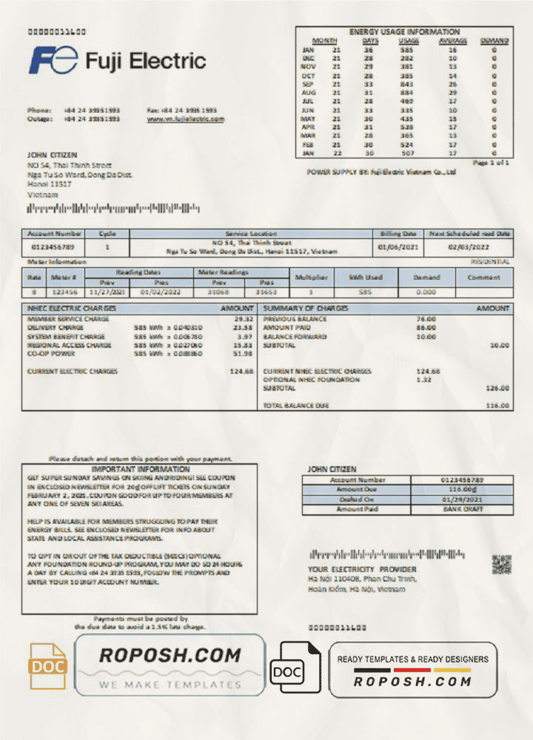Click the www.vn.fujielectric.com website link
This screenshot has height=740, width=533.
pyautogui.click(x=186, y=118)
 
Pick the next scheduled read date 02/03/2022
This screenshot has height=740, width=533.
pyautogui.click(x=470, y=247)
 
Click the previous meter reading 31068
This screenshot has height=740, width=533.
pyautogui.click(x=219, y=292)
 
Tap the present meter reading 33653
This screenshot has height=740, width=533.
pyautogui.click(x=266, y=292)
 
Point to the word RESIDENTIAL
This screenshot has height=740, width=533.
pyautogui.click(x=489, y=262)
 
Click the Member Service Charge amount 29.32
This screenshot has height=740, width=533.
pyautogui.click(x=243, y=319)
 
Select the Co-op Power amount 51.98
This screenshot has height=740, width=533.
pyautogui.click(x=243, y=354)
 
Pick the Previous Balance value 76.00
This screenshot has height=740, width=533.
pyautogui.click(x=425, y=319)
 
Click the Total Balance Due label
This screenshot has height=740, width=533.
pyautogui.click(x=296, y=406)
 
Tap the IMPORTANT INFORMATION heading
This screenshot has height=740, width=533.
pyautogui.click(x=140, y=469)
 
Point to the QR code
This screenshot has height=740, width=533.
pyautogui.click(x=502, y=565)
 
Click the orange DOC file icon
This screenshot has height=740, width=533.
pyautogui.click(x=47, y=665)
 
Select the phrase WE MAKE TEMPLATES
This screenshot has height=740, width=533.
pyautogui.click(x=170, y=684)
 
